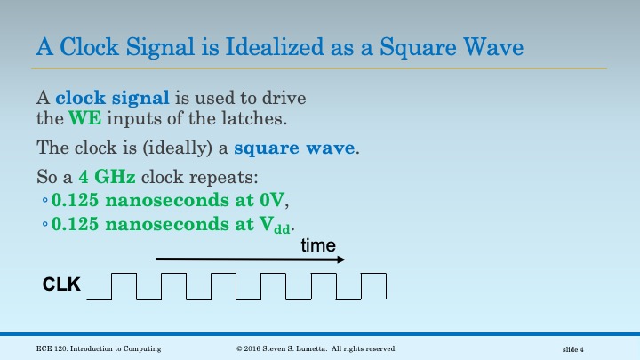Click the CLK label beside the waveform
click(62, 285)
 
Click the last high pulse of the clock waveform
click(374, 285)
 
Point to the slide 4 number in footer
click(579, 349)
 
